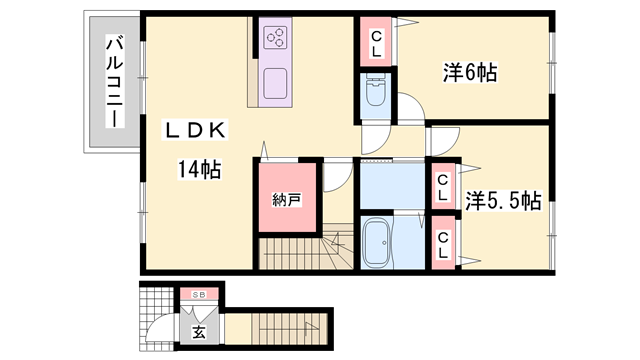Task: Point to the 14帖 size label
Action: coord(198,169)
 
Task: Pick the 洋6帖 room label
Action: coord(471,72)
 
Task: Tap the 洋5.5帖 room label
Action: coord(503,200)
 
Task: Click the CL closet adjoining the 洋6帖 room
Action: coord(377,43)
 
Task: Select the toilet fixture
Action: coord(376,95)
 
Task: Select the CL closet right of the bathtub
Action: coord(442,244)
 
